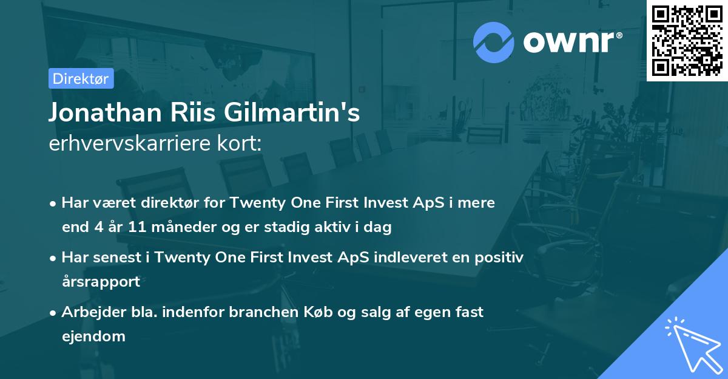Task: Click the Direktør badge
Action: point(81,78)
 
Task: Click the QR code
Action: point(687,40)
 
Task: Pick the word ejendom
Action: point(93,336)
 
